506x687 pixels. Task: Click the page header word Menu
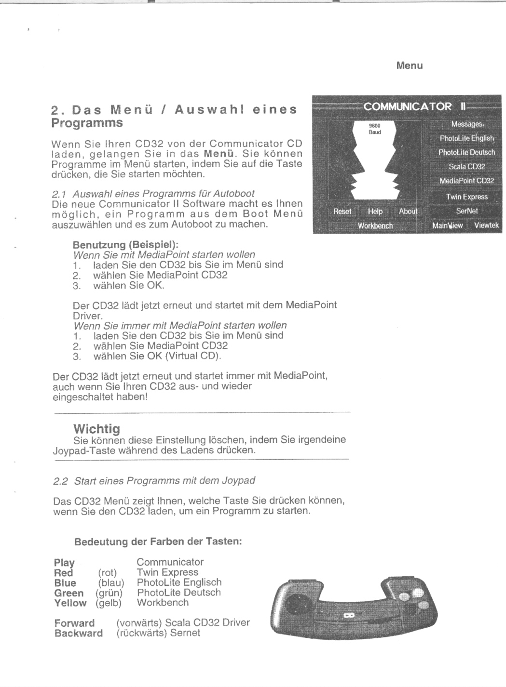point(410,66)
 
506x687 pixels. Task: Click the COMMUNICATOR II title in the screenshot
point(414,106)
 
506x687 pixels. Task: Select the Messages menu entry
point(467,124)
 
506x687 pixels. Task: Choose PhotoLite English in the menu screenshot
point(466,138)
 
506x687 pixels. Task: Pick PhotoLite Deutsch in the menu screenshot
point(466,152)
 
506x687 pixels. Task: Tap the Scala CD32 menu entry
point(466,167)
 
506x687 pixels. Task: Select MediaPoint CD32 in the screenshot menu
point(466,181)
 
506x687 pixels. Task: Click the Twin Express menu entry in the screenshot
point(466,197)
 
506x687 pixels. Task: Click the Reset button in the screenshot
point(342,211)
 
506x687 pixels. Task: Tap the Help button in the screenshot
point(375,211)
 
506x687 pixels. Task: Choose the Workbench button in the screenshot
point(375,226)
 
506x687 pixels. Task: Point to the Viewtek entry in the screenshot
point(486,225)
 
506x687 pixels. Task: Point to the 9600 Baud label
point(375,129)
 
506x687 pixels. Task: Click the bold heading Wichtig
point(96,429)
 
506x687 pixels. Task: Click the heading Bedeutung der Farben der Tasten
point(158,542)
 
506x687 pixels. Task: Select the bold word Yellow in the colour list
point(70,603)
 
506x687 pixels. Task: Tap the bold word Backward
point(79,633)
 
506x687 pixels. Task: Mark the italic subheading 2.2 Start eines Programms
point(154,481)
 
